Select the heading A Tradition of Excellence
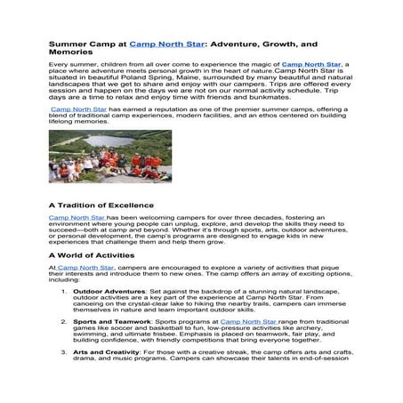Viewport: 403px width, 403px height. pos(102,205)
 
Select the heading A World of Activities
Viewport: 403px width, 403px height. pos(93,254)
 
